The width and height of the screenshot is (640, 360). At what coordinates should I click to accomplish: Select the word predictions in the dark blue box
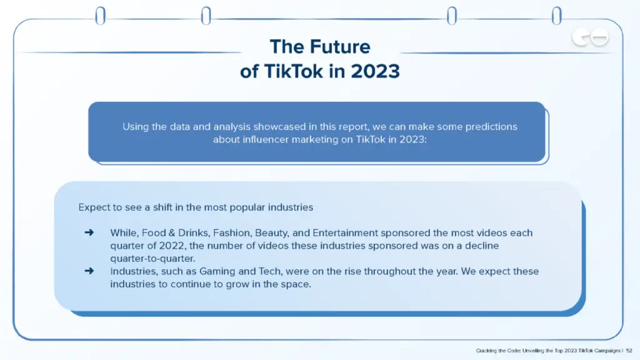(486, 126)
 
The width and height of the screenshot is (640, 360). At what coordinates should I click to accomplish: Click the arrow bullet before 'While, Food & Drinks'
(89, 232)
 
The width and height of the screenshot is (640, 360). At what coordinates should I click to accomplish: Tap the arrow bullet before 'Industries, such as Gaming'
(89, 271)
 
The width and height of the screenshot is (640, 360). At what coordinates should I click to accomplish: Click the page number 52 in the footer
(629, 351)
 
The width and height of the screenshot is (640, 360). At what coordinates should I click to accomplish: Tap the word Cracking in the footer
(487, 351)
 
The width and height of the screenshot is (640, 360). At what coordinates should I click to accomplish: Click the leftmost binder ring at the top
(100, 16)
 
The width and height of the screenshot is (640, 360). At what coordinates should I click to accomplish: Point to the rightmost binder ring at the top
(556, 16)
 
